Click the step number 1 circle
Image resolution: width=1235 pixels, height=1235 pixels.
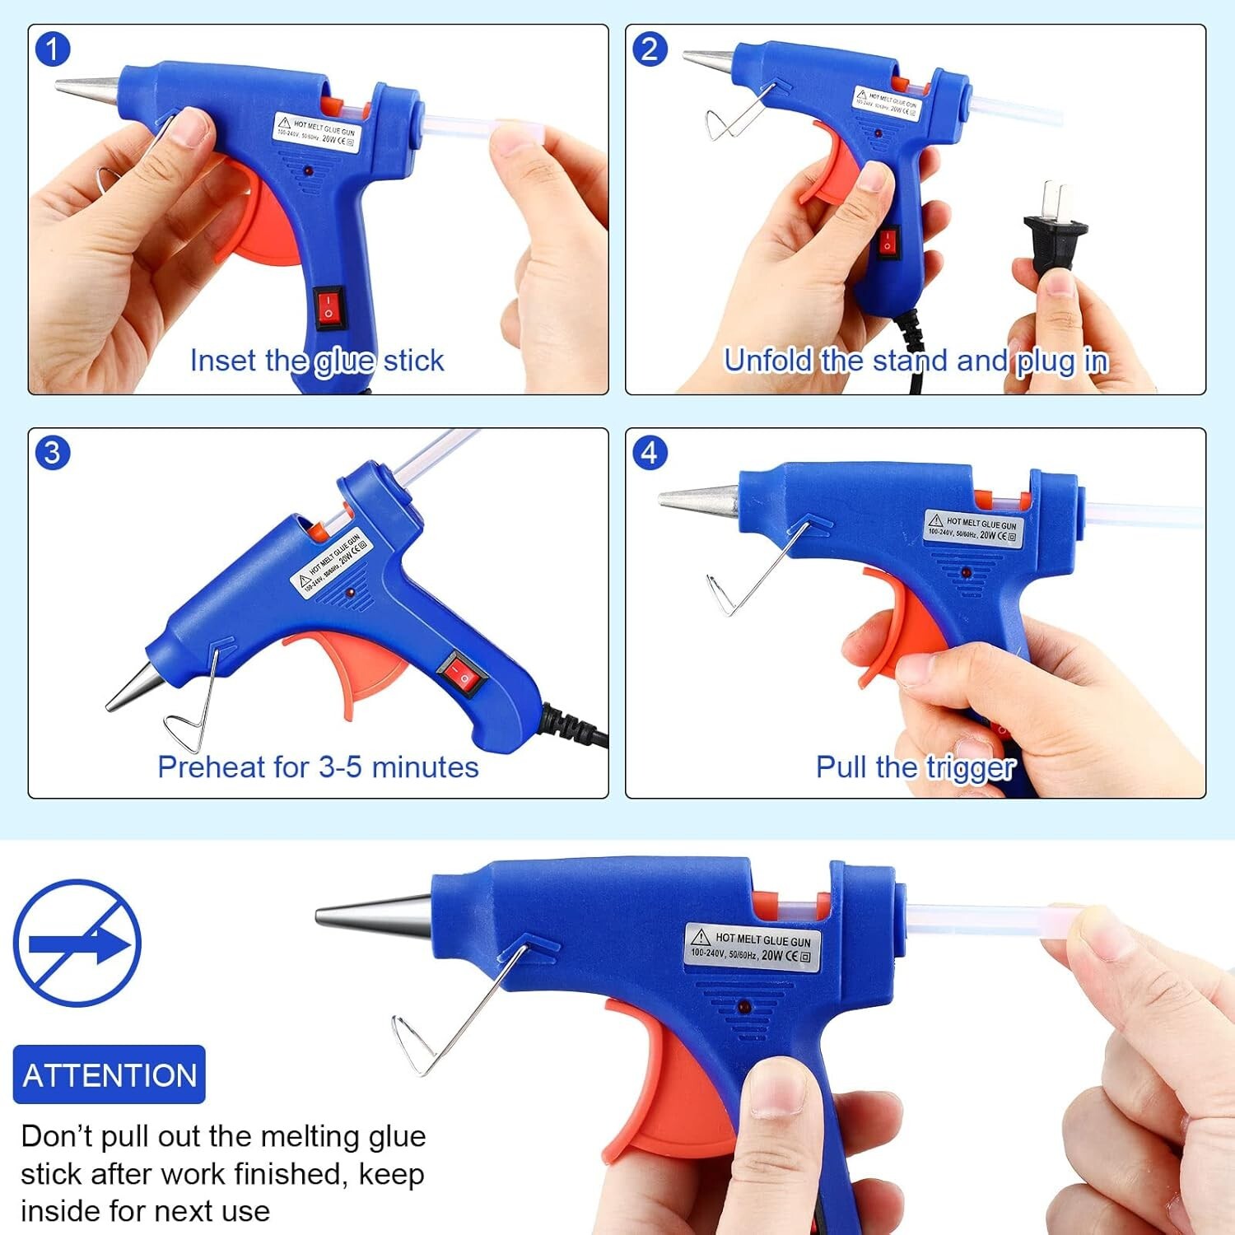tap(52, 49)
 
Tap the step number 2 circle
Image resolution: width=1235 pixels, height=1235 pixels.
tap(650, 49)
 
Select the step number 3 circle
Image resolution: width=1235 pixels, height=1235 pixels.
tap(52, 453)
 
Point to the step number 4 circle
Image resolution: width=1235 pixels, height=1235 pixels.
tap(650, 453)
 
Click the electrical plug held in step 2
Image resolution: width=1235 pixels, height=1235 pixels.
tap(1055, 235)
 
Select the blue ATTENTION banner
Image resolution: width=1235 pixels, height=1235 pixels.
tap(110, 1074)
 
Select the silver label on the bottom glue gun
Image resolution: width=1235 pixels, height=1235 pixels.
tap(752, 947)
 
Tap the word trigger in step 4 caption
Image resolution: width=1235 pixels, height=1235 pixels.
tap(971, 767)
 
